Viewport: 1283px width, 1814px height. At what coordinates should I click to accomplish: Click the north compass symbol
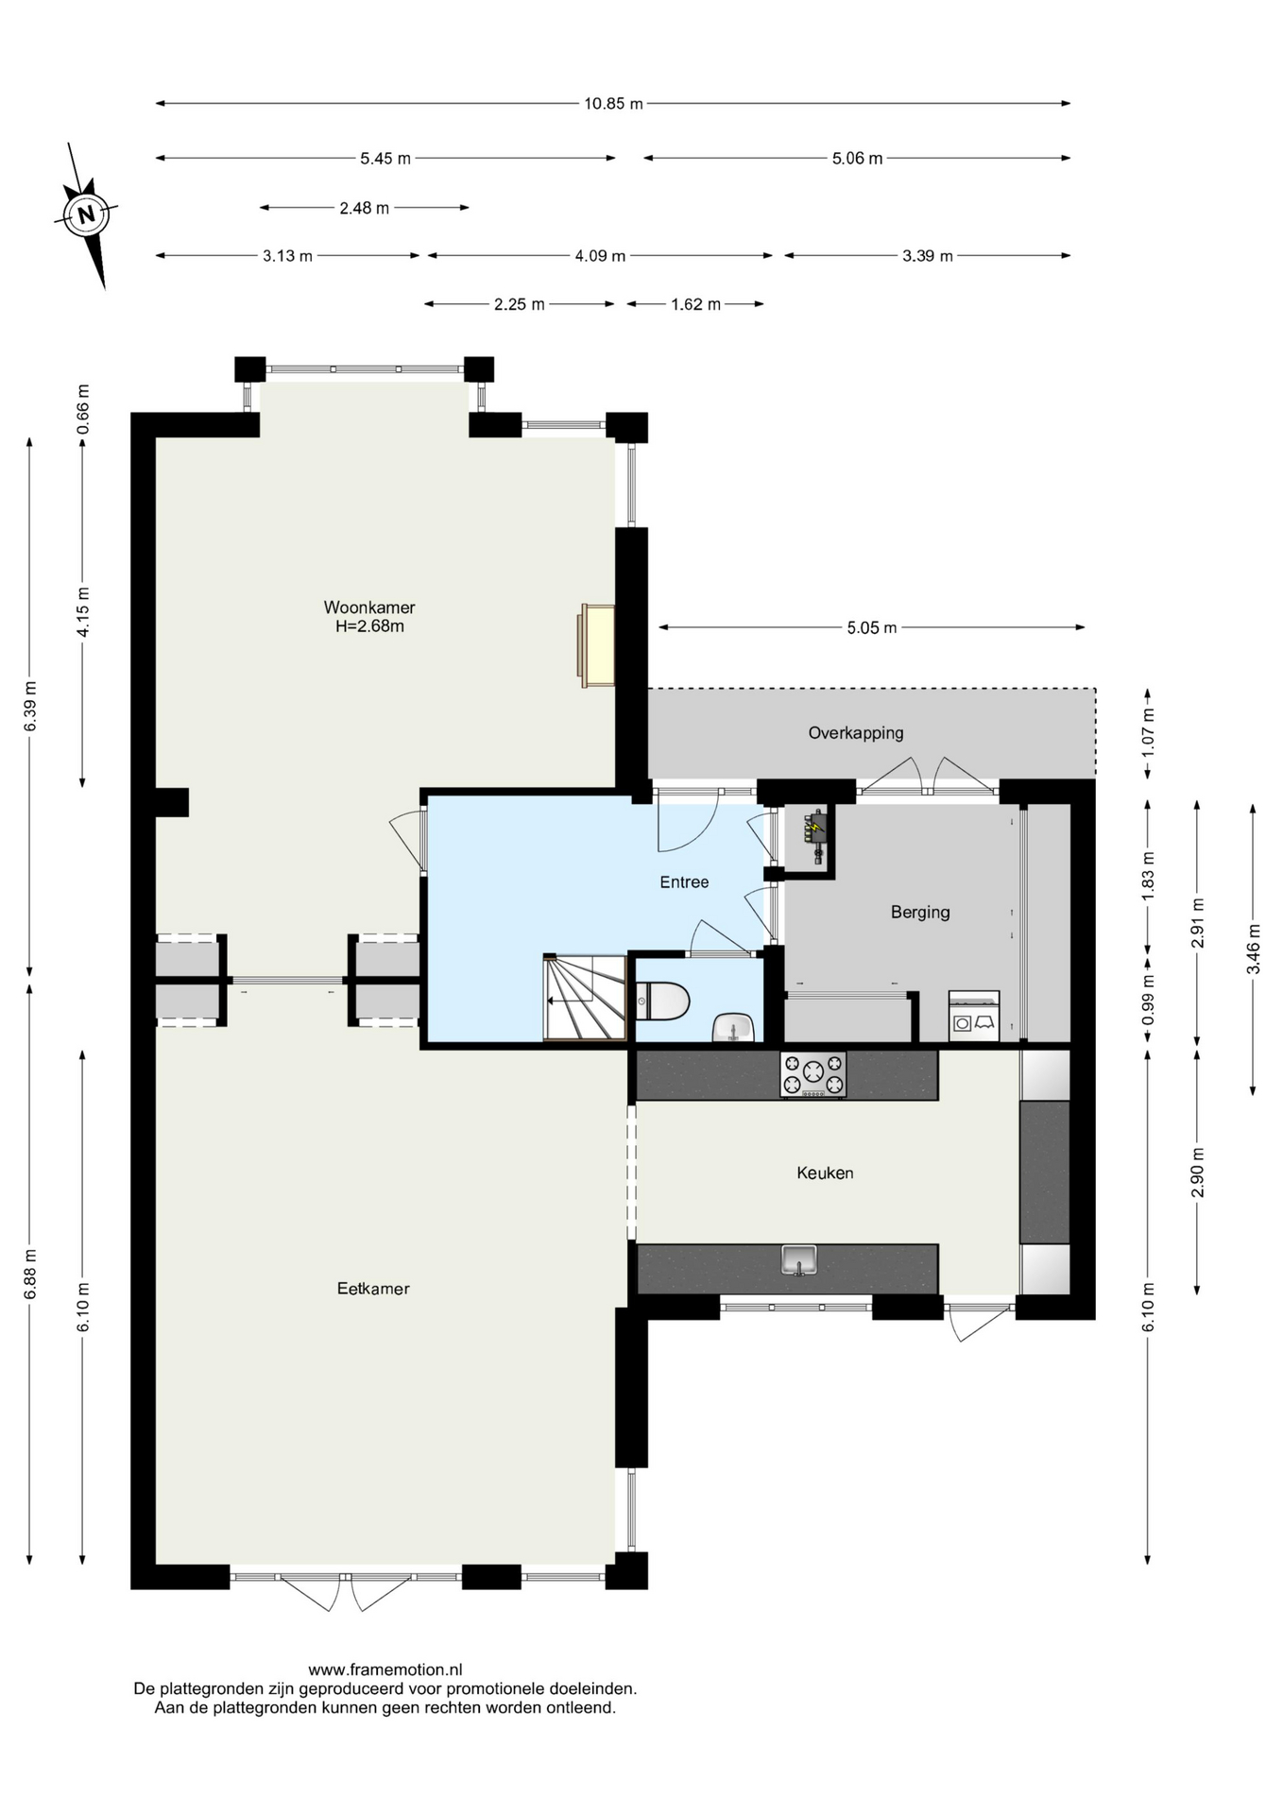coord(86,214)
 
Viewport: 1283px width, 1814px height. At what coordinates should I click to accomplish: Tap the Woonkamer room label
coord(369,608)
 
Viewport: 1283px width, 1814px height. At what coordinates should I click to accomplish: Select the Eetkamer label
coord(373,1289)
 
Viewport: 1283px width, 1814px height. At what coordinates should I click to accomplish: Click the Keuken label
coord(825,1172)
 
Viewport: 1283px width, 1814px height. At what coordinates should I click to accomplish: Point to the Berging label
coord(920,912)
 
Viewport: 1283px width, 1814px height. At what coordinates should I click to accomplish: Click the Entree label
coord(684,881)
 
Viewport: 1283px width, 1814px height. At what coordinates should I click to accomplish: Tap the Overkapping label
coord(856,732)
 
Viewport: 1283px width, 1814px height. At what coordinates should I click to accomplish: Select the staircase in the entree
coord(585,998)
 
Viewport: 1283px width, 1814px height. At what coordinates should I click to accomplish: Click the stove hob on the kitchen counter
coord(813,1074)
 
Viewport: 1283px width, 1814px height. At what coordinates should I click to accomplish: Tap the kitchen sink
coord(799,1260)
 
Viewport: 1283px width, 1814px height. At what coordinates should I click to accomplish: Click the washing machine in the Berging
coord(974,1016)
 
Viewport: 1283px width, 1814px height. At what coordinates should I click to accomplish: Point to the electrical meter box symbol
coord(814,835)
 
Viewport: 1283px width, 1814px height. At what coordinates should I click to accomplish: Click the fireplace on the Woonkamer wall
coord(597,645)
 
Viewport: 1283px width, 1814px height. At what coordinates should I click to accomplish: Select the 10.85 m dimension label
coord(613,104)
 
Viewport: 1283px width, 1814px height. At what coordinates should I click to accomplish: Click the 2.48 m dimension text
coord(365,208)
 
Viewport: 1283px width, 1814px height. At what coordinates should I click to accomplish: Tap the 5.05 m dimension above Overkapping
coord(872,627)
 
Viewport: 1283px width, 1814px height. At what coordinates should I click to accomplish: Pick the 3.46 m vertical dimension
coord(1253,949)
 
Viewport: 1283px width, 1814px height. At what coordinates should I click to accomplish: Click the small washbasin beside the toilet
coord(733,1027)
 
